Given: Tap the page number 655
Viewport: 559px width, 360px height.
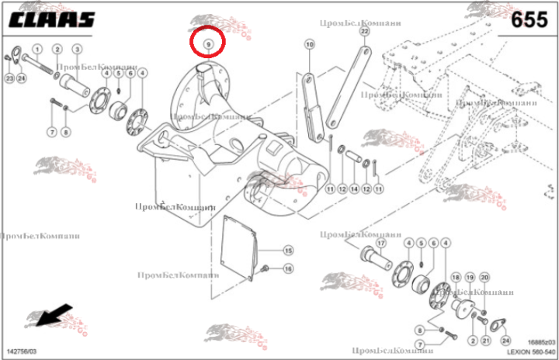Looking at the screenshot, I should [529, 21].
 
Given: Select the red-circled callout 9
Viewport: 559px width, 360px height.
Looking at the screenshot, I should [208, 44].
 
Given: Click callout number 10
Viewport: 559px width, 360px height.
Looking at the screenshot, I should [309, 46].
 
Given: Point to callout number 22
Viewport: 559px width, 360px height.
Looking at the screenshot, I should [365, 33].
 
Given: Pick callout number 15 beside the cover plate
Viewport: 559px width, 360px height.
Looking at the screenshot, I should [288, 251].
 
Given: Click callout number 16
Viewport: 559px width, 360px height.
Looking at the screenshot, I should [288, 268].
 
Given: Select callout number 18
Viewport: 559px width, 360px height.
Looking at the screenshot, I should [457, 277].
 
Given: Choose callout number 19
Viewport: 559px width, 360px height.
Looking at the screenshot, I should [470, 277].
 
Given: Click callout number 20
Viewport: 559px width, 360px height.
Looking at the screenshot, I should [484, 277].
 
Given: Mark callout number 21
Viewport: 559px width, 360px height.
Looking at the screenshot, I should [485, 340].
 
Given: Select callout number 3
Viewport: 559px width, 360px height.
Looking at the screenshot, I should [77, 50].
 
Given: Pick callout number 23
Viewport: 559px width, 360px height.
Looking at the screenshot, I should [9, 78].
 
